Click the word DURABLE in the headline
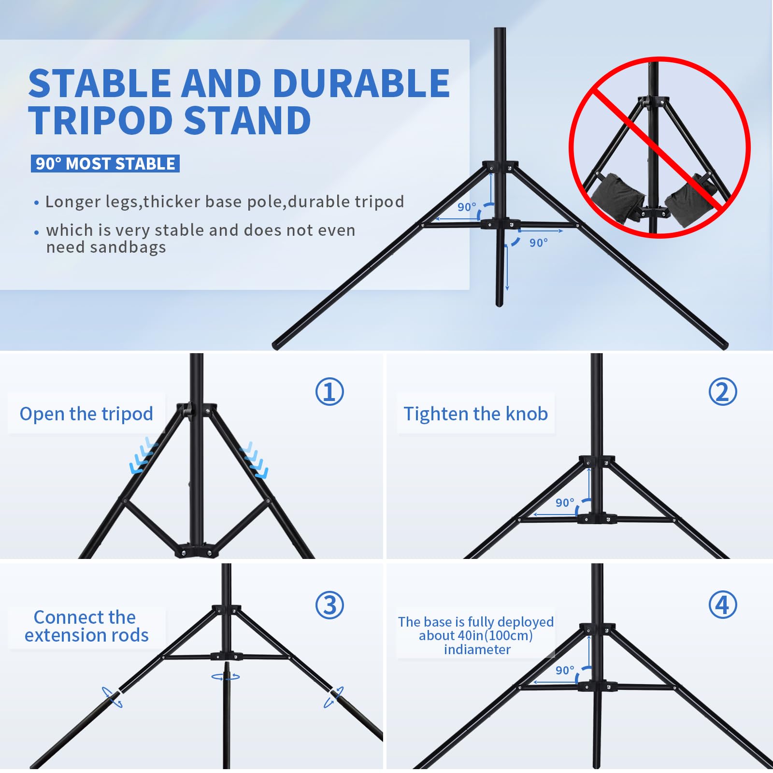coord(361,83)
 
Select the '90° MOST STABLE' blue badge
coord(105,164)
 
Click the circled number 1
coord(329,391)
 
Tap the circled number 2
coord(723,391)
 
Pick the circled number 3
coord(329,605)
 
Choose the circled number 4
coord(723,605)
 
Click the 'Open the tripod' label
coord(86,414)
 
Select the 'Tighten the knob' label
coord(475,414)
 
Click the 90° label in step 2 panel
coord(564,503)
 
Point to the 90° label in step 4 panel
coord(564,671)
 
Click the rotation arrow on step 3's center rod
coord(226,677)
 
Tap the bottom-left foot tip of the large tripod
coord(277,345)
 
